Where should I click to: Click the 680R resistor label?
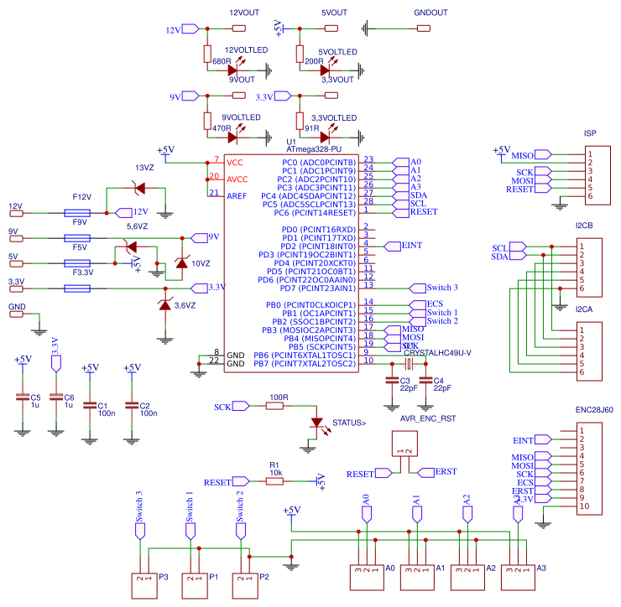point(222,61)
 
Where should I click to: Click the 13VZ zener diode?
point(140,189)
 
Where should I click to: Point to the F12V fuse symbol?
point(81,213)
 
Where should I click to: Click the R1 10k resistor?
point(274,482)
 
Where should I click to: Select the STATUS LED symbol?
point(316,423)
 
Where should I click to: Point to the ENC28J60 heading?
point(593,411)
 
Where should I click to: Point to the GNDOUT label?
point(431,13)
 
